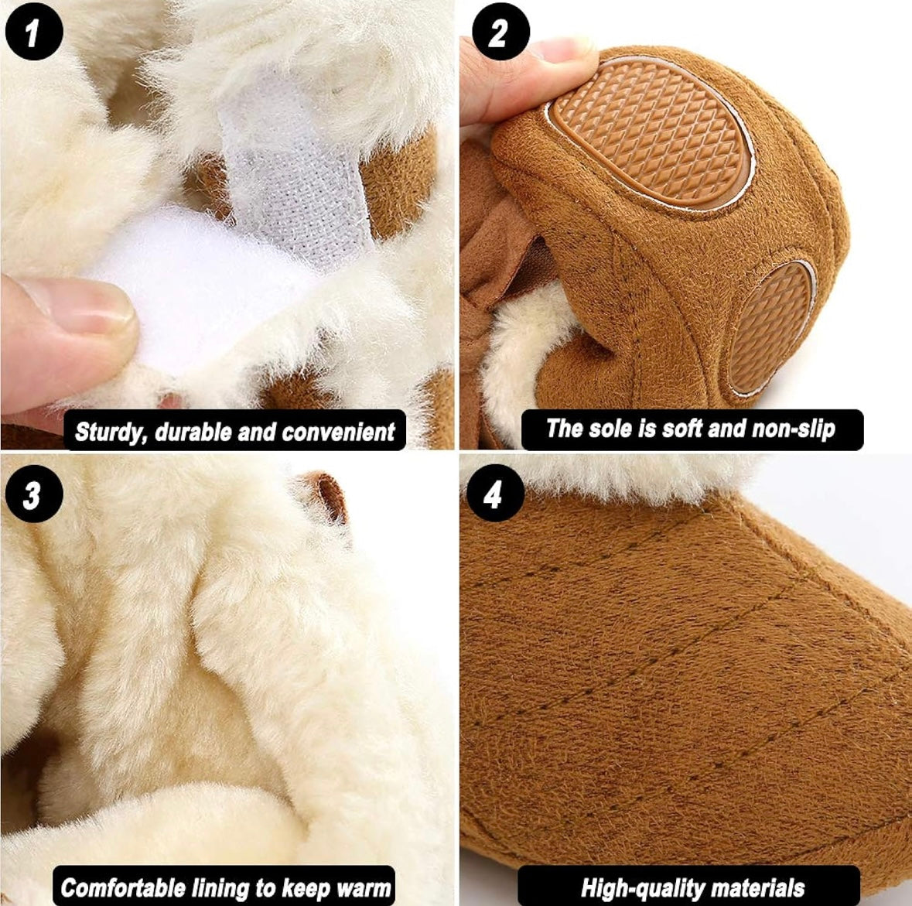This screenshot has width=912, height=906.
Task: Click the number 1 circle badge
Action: pos(34,32)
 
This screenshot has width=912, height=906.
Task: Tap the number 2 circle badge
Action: pos(500,32)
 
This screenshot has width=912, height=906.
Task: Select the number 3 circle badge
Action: pos(34,494)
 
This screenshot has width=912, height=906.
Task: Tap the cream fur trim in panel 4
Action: pos(611,477)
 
